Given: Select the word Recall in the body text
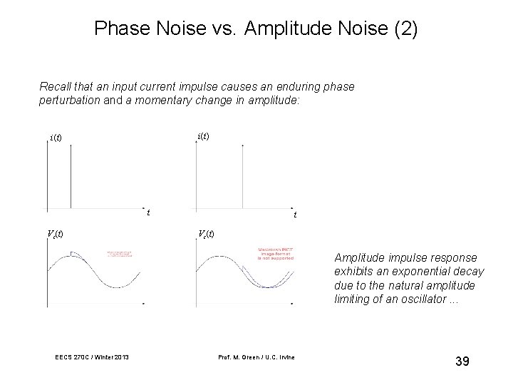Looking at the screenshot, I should [54, 86].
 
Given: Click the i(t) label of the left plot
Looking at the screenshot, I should [56, 137].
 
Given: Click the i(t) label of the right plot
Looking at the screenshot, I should [203, 135].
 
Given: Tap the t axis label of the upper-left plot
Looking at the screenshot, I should [147, 212].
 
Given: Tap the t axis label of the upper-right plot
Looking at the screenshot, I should [295, 214].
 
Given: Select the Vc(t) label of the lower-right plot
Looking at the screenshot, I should [205, 234].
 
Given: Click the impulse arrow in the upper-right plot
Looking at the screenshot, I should [244, 175].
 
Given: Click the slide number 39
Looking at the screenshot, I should [462, 362].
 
